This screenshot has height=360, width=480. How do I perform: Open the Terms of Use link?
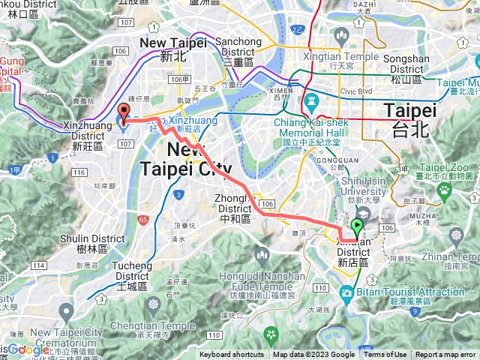click(x=385, y=355)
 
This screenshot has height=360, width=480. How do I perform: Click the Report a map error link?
click(x=445, y=355)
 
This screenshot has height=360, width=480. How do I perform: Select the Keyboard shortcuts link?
click(x=232, y=355)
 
